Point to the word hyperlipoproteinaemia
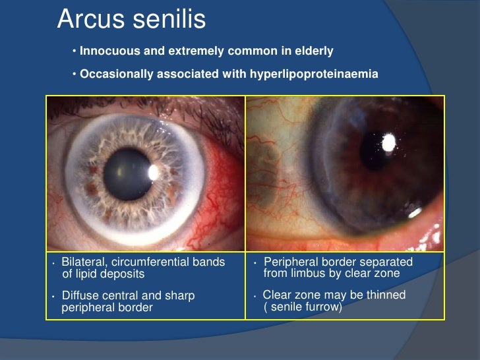pos(314,74)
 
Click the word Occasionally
pos(116,74)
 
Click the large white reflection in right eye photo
pos(388,141)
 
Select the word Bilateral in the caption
pos(82,262)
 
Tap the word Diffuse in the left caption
pos(80,296)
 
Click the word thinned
pos(385,295)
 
